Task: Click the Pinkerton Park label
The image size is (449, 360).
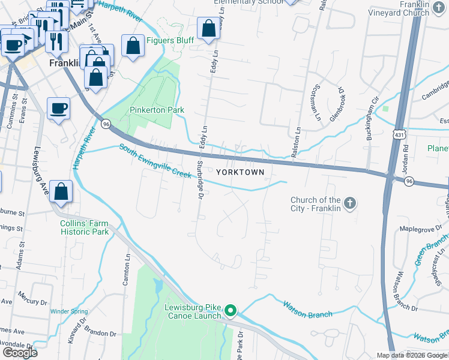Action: pos(157,110)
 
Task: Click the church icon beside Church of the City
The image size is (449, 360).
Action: pos(350,204)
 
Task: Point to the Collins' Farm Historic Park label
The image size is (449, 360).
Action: pos(85,227)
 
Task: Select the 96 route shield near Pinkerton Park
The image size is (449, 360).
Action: pos(106,124)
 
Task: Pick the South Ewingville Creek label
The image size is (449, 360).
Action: pos(154,160)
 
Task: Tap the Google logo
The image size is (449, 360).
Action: pos(20,353)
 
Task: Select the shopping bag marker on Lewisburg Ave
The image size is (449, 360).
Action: pos(61,191)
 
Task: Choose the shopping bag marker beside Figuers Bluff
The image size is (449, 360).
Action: pos(133,46)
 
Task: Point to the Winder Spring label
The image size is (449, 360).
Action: pos(69,311)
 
